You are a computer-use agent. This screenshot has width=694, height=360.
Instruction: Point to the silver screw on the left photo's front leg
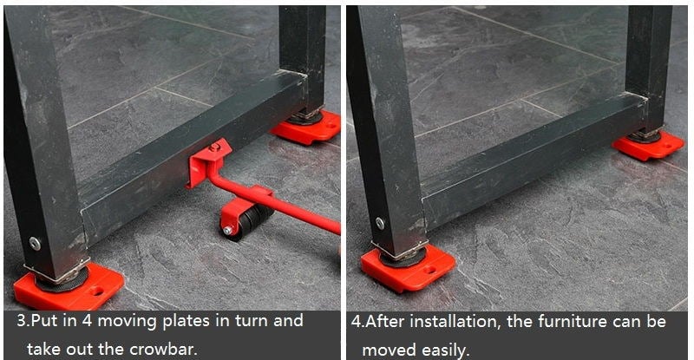[x=35, y=243]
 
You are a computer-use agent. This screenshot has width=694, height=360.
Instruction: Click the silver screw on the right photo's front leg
[x=380, y=223]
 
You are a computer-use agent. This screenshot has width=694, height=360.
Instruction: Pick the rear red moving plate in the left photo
[x=307, y=128]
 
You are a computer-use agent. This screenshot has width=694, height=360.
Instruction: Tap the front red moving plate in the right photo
[x=408, y=268]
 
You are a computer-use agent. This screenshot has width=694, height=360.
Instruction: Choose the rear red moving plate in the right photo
[x=648, y=145]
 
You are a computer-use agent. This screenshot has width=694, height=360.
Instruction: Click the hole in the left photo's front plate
[x=97, y=291]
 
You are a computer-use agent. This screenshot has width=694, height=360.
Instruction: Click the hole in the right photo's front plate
[x=429, y=268]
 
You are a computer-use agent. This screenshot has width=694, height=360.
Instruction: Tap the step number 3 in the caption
[x=21, y=321]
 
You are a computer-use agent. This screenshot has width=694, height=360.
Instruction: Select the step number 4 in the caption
[x=357, y=321]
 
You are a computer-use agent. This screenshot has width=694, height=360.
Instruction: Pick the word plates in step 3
[x=186, y=322]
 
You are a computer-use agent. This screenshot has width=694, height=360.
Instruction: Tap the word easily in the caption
[x=444, y=350]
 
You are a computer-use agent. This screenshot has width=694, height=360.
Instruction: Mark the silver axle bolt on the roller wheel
[x=227, y=231]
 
